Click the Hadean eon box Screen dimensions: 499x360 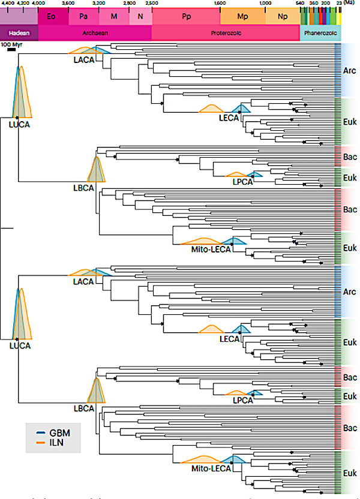(x=19, y=34)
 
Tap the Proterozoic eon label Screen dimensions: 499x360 (x=226, y=34)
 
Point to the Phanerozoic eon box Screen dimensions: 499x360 (x=320, y=34)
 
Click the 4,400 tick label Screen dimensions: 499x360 (x=8, y=4)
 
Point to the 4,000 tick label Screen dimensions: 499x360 (x=38, y=4)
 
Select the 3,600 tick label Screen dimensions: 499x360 (x=68, y=4)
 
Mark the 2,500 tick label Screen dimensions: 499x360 (x=152, y=4)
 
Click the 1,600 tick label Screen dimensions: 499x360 (x=220, y=4)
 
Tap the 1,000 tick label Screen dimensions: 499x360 (x=266, y=4)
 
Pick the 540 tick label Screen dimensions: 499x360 (x=301, y=4)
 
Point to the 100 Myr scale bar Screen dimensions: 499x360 (x=11, y=50)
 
